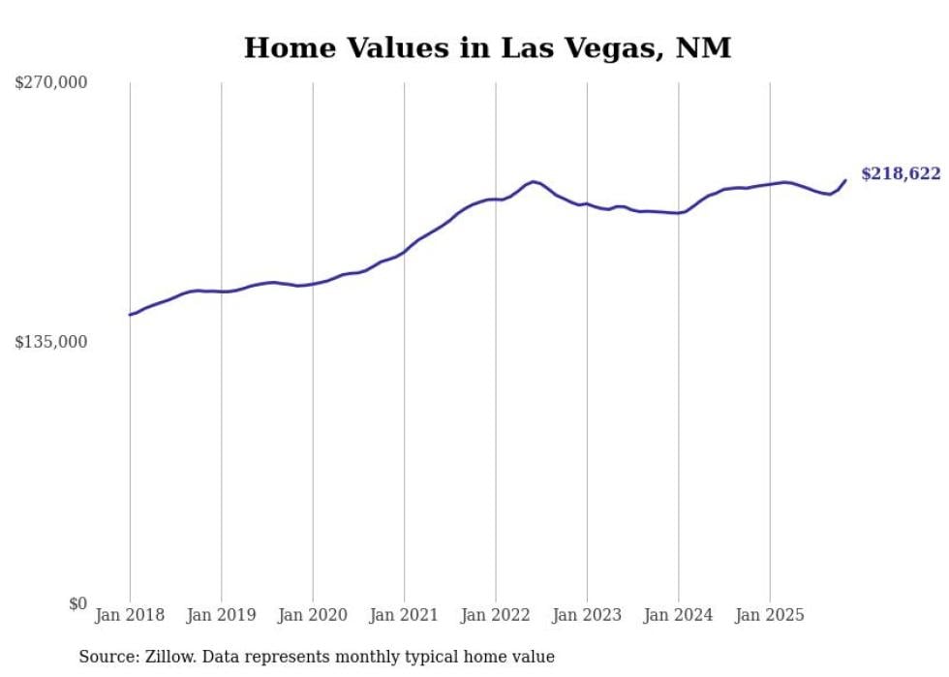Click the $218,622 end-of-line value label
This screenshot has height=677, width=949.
coord(900,174)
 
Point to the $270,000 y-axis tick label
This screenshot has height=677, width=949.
coord(50,83)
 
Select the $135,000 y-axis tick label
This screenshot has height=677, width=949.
coord(50,342)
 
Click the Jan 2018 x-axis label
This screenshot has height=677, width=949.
coord(130,615)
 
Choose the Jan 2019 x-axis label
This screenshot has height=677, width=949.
coord(221,615)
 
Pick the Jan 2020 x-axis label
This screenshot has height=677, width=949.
coord(313,615)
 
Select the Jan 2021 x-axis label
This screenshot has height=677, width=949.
coord(404,615)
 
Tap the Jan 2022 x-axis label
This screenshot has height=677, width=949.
coord(496,615)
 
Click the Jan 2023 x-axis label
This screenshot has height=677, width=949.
coord(587,615)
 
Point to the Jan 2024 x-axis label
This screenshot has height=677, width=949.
coord(679,615)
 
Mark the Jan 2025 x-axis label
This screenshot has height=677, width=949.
coord(770,615)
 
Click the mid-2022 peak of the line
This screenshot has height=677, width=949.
coord(534,181)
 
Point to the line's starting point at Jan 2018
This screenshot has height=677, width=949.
coord(130,315)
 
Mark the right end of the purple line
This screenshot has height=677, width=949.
coord(845,180)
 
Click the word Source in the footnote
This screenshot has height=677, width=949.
coord(107,657)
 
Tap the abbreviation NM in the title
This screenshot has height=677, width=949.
coord(705,47)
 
